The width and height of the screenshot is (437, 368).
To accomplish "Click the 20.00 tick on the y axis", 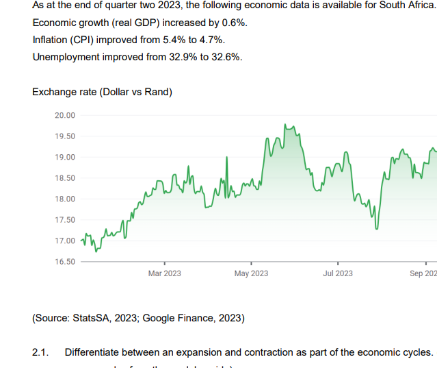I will pos(65,115).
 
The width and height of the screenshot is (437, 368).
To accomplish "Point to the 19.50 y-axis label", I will pos(65,136).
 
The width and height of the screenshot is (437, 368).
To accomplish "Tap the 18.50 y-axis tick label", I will pos(65,178).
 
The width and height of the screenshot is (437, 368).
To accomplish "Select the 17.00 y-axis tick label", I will pos(65,241).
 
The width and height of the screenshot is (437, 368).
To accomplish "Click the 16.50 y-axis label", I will pos(65,262).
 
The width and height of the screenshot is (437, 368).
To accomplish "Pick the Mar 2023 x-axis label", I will pos(165,274).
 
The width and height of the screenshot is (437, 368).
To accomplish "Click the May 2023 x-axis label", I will pos(251,274).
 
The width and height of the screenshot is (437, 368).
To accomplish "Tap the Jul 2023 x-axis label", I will pos(338,274).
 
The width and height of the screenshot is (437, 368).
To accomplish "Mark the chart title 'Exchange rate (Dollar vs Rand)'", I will pos(103,92).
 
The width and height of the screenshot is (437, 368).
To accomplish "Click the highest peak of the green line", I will pos(284,125).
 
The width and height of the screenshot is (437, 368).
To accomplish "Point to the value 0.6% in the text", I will pos(235,23).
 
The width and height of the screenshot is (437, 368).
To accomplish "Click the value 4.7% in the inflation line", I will pos(212,40).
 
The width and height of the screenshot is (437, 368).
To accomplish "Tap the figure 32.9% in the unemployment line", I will pos(183,57).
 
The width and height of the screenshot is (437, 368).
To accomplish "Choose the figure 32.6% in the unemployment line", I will pos(228,57).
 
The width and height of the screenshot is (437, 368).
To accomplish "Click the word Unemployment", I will pos(66,57).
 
